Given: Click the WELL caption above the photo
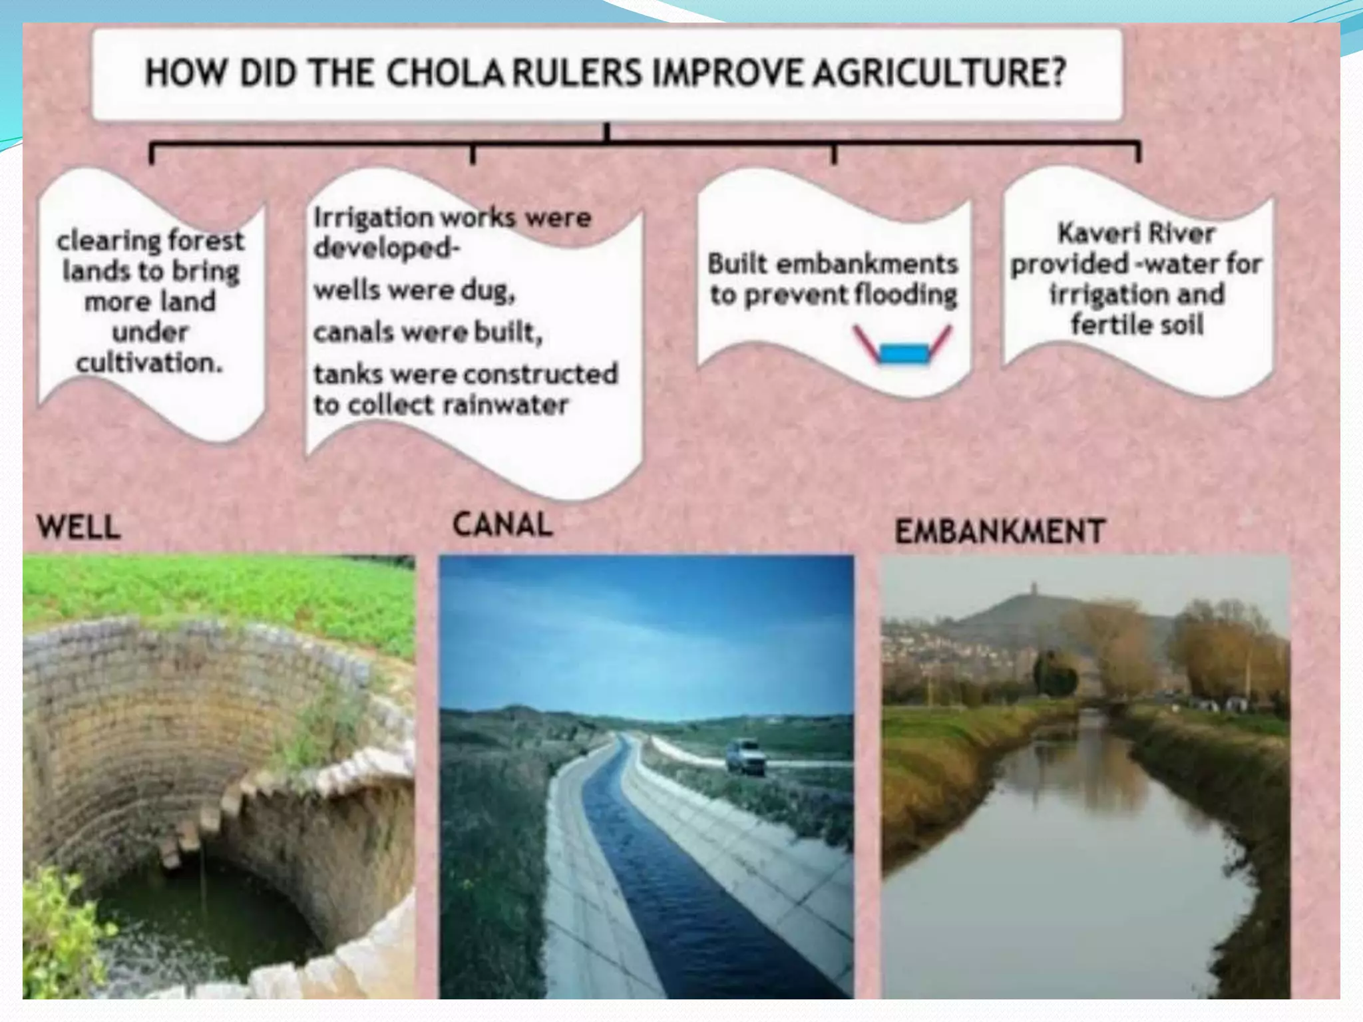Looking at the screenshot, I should [79, 528].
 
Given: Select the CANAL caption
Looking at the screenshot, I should [502, 524].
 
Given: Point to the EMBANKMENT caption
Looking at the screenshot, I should [1000, 532].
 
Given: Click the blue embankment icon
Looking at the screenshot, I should [904, 352].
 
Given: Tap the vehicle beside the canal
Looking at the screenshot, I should [745, 757].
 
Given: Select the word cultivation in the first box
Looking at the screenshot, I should [149, 363].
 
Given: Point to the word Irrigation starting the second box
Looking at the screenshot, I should [373, 218].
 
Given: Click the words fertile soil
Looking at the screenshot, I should [1137, 325].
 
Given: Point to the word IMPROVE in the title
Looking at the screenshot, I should [730, 73].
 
